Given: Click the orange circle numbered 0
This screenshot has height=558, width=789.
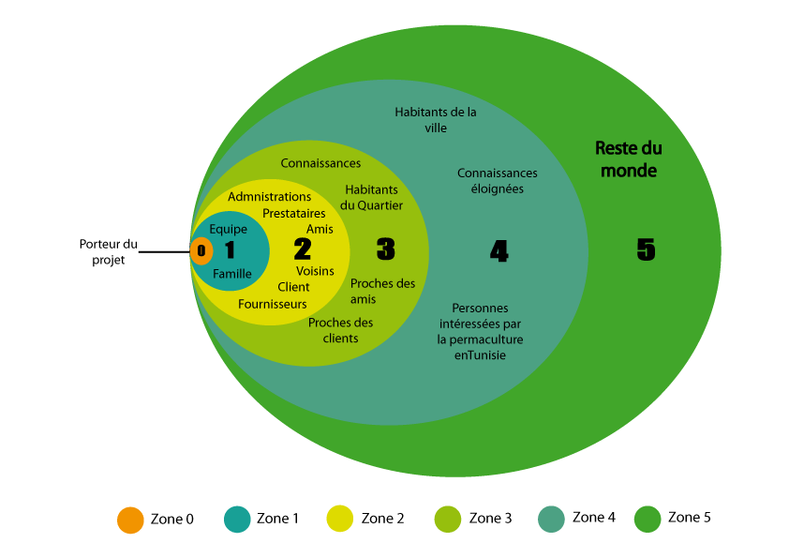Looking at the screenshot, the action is point(201,250).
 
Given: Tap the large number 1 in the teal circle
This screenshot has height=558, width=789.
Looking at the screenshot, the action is point(230,249).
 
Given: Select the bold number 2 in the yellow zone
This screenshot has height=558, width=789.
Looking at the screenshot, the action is point(303,249).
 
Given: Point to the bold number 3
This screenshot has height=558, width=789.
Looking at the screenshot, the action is point(386,249).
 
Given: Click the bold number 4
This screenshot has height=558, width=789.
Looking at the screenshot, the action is point(499,250).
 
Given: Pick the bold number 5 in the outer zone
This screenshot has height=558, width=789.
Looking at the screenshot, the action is point(646,249).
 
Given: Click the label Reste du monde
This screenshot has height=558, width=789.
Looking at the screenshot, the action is point(629,159).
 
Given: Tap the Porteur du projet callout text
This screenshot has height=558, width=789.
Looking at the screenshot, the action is point(108,252).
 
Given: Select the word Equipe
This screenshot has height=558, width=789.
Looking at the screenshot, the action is point(229,230).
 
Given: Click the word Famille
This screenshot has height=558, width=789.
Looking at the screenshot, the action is point(232,274).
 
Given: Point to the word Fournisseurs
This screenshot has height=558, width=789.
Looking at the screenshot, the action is point(273,304).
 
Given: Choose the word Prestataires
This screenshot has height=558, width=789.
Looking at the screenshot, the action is point(294,214).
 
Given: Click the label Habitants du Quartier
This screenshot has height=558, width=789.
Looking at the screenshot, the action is point(371,198).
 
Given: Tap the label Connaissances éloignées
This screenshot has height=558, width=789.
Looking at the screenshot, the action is point(498,181).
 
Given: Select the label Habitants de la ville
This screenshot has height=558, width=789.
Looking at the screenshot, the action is point(435,120).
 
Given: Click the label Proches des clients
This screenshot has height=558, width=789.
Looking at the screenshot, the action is point(341,330).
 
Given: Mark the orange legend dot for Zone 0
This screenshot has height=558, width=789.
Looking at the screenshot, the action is point(130,520).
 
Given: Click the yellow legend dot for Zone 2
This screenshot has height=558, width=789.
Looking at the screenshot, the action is point(340,519).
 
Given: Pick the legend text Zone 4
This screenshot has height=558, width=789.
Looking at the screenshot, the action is point(594,518).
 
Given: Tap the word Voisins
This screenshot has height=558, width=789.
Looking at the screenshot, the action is point(315,271).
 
